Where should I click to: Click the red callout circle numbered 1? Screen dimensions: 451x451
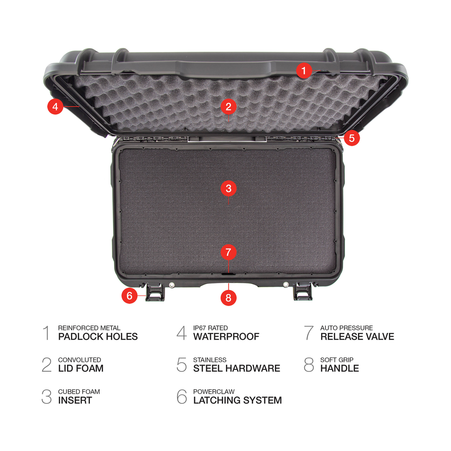click(x=304, y=70)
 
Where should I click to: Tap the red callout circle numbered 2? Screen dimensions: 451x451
click(x=229, y=107)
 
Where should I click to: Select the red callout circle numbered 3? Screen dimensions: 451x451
click(x=229, y=189)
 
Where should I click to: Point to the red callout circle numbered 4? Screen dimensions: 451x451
click(x=55, y=107)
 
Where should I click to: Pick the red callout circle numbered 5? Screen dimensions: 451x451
click(x=351, y=138)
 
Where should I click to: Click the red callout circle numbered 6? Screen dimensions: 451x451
click(x=129, y=296)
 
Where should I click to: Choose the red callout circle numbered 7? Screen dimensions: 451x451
click(x=229, y=252)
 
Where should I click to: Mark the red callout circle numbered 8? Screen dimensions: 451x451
click(x=229, y=298)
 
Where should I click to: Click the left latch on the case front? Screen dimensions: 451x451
click(x=155, y=292)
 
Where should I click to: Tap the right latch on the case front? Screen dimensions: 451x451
click(x=303, y=292)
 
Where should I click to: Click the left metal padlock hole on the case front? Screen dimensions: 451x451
click(x=172, y=285)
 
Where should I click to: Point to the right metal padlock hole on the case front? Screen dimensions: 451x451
click(x=285, y=285)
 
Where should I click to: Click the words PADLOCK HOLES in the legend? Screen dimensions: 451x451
click(x=98, y=336)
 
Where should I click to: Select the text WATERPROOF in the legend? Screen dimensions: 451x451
click(x=226, y=336)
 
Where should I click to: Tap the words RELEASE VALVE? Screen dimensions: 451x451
click(x=357, y=336)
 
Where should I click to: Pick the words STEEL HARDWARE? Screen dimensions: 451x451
click(x=237, y=369)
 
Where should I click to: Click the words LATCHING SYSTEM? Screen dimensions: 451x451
click(x=237, y=400)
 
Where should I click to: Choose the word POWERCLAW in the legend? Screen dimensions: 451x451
click(x=214, y=392)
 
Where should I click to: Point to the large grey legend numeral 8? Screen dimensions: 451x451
click(x=309, y=365)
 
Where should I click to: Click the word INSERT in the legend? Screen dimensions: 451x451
click(x=75, y=400)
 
